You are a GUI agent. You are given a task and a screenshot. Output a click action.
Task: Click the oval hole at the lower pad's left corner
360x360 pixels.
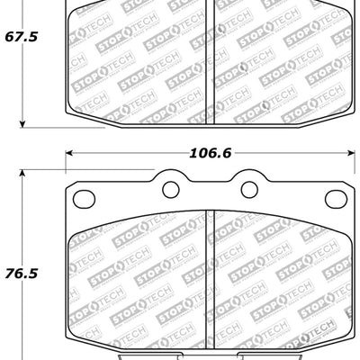[85, 199]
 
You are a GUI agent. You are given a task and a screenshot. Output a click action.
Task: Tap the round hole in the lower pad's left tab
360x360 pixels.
[168, 188]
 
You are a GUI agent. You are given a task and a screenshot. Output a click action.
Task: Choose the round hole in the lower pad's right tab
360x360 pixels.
[249, 188]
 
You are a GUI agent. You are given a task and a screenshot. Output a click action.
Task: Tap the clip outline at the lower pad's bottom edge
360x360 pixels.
[207, 354]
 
